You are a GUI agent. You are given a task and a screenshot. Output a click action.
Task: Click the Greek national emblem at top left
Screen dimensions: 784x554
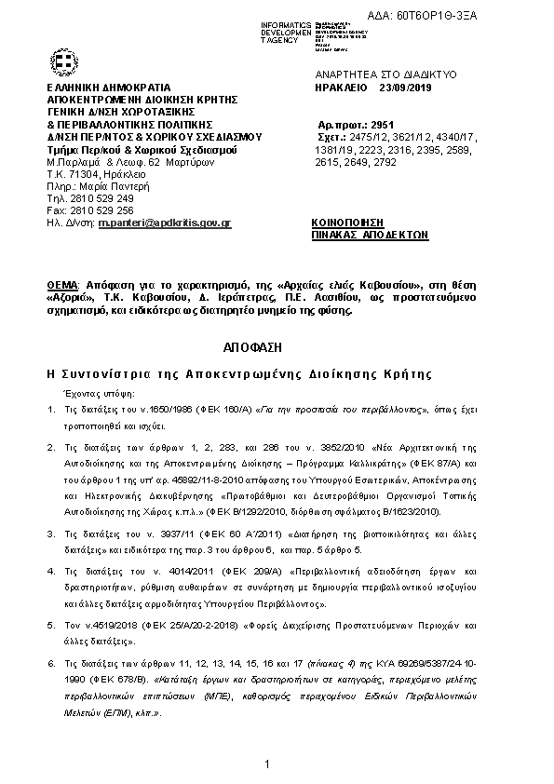(65, 62)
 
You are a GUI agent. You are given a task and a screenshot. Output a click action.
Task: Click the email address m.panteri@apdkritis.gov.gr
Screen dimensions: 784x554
(165, 224)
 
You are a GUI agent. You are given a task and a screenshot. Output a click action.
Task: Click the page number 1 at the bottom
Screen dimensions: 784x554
(266, 764)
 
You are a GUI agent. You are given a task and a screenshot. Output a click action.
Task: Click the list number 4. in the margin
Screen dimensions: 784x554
(51, 571)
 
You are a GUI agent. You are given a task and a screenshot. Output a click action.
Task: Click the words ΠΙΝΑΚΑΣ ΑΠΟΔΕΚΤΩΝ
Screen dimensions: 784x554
(370, 237)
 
